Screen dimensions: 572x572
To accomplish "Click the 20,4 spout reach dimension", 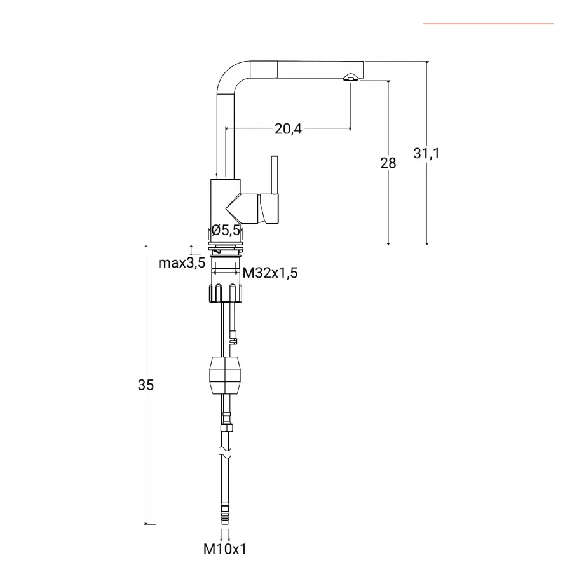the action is pos(288,129).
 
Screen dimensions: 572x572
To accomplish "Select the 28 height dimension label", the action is pos(388,163).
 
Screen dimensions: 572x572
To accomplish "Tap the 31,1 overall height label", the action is pos(426,153).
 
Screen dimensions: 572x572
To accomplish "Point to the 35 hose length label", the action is pos(146,385).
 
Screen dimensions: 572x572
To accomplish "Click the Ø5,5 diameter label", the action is pos(226,230).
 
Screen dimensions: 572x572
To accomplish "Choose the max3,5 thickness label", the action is pos(182,262).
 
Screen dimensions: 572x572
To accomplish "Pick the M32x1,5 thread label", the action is pos(270,273).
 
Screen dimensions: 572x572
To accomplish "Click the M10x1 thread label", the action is pos(225,548).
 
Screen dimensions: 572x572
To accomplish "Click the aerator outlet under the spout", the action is pos(351,77).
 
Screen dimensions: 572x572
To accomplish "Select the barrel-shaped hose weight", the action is pos(225,376).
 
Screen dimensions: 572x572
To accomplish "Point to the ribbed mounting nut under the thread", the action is pos(226,293).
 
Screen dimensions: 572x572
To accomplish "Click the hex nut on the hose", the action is pos(226,428).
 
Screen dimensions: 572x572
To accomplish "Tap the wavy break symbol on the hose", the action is pos(226,452).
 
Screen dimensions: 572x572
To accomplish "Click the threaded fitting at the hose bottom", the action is pos(225,514).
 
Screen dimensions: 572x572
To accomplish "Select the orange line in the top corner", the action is pos(488,24).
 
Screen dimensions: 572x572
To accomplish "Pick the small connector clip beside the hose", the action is pos(234,337).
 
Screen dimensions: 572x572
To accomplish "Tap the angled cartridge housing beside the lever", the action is pos(243,208).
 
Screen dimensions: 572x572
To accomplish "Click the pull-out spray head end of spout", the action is pos(320,70).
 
